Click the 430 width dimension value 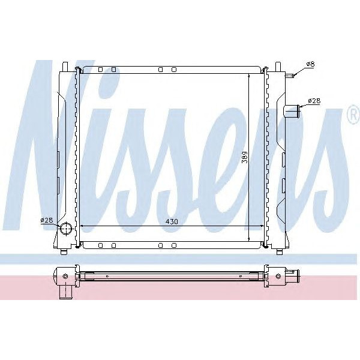tap(172, 221)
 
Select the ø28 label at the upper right tap(313, 101)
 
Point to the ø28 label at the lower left tap(47, 220)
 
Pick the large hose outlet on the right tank tap(292, 111)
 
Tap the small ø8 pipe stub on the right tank tap(290, 76)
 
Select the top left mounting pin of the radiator tap(65, 65)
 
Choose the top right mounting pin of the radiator tap(280, 65)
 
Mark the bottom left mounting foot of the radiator tap(65, 248)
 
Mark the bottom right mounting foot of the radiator tap(280, 248)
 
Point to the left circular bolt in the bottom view tap(65, 276)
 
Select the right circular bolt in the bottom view tap(278, 276)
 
